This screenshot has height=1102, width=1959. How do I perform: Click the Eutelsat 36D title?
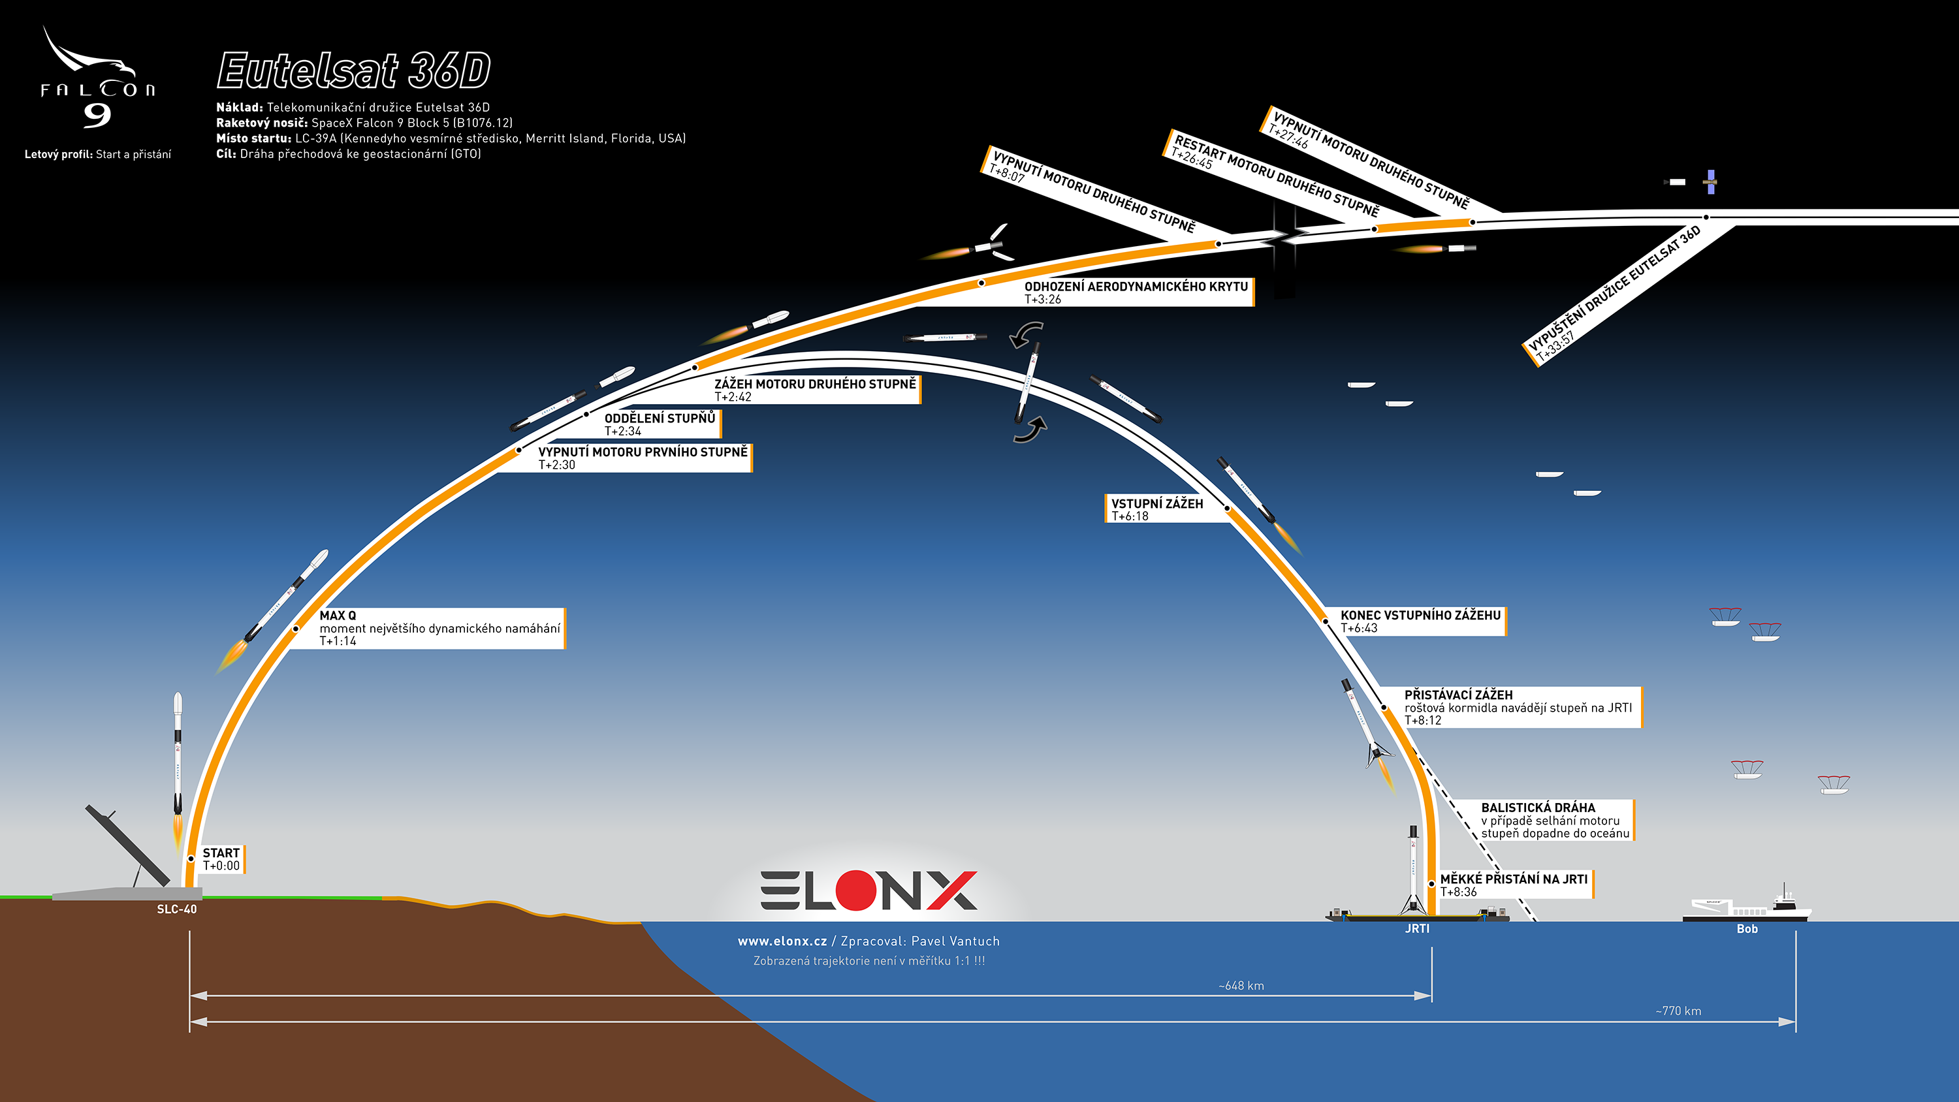tap(354, 71)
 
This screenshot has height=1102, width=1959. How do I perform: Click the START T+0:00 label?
tap(221, 858)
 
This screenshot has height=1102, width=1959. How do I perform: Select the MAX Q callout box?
tap(439, 628)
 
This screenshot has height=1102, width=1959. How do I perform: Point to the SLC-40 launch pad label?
tap(176, 909)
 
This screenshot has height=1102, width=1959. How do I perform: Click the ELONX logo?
tap(868, 890)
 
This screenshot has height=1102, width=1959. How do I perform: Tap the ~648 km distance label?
tap(1241, 986)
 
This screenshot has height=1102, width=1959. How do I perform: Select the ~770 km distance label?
tap(1678, 1011)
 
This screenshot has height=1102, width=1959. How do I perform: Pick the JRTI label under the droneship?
tap(1418, 928)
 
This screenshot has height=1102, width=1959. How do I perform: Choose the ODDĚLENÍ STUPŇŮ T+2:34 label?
tap(660, 424)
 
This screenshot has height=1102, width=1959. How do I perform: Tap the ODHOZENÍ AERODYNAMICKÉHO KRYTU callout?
tap(1136, 292)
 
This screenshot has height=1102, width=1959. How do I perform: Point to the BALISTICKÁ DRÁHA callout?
tap(1555, 820)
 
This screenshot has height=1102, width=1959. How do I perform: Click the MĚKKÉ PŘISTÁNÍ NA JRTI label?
tap(1514, 885)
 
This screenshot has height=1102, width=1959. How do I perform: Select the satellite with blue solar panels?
tap(1710, 181)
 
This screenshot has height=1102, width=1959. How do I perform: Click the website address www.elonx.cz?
tap(782, 941)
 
